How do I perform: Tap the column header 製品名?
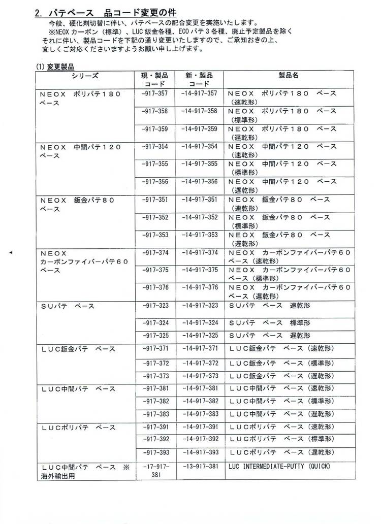[x=288, y=75]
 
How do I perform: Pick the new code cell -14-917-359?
[x=199, y=128]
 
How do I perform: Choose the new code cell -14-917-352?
[x=199, y=217]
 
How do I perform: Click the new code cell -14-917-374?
[x=199, y=252]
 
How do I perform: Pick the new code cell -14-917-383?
[x=199, y=413]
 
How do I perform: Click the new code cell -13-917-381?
[x=199, y=466]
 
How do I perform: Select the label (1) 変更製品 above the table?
[x=54, y=66]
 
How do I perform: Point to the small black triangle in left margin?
[x=11, y=252]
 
